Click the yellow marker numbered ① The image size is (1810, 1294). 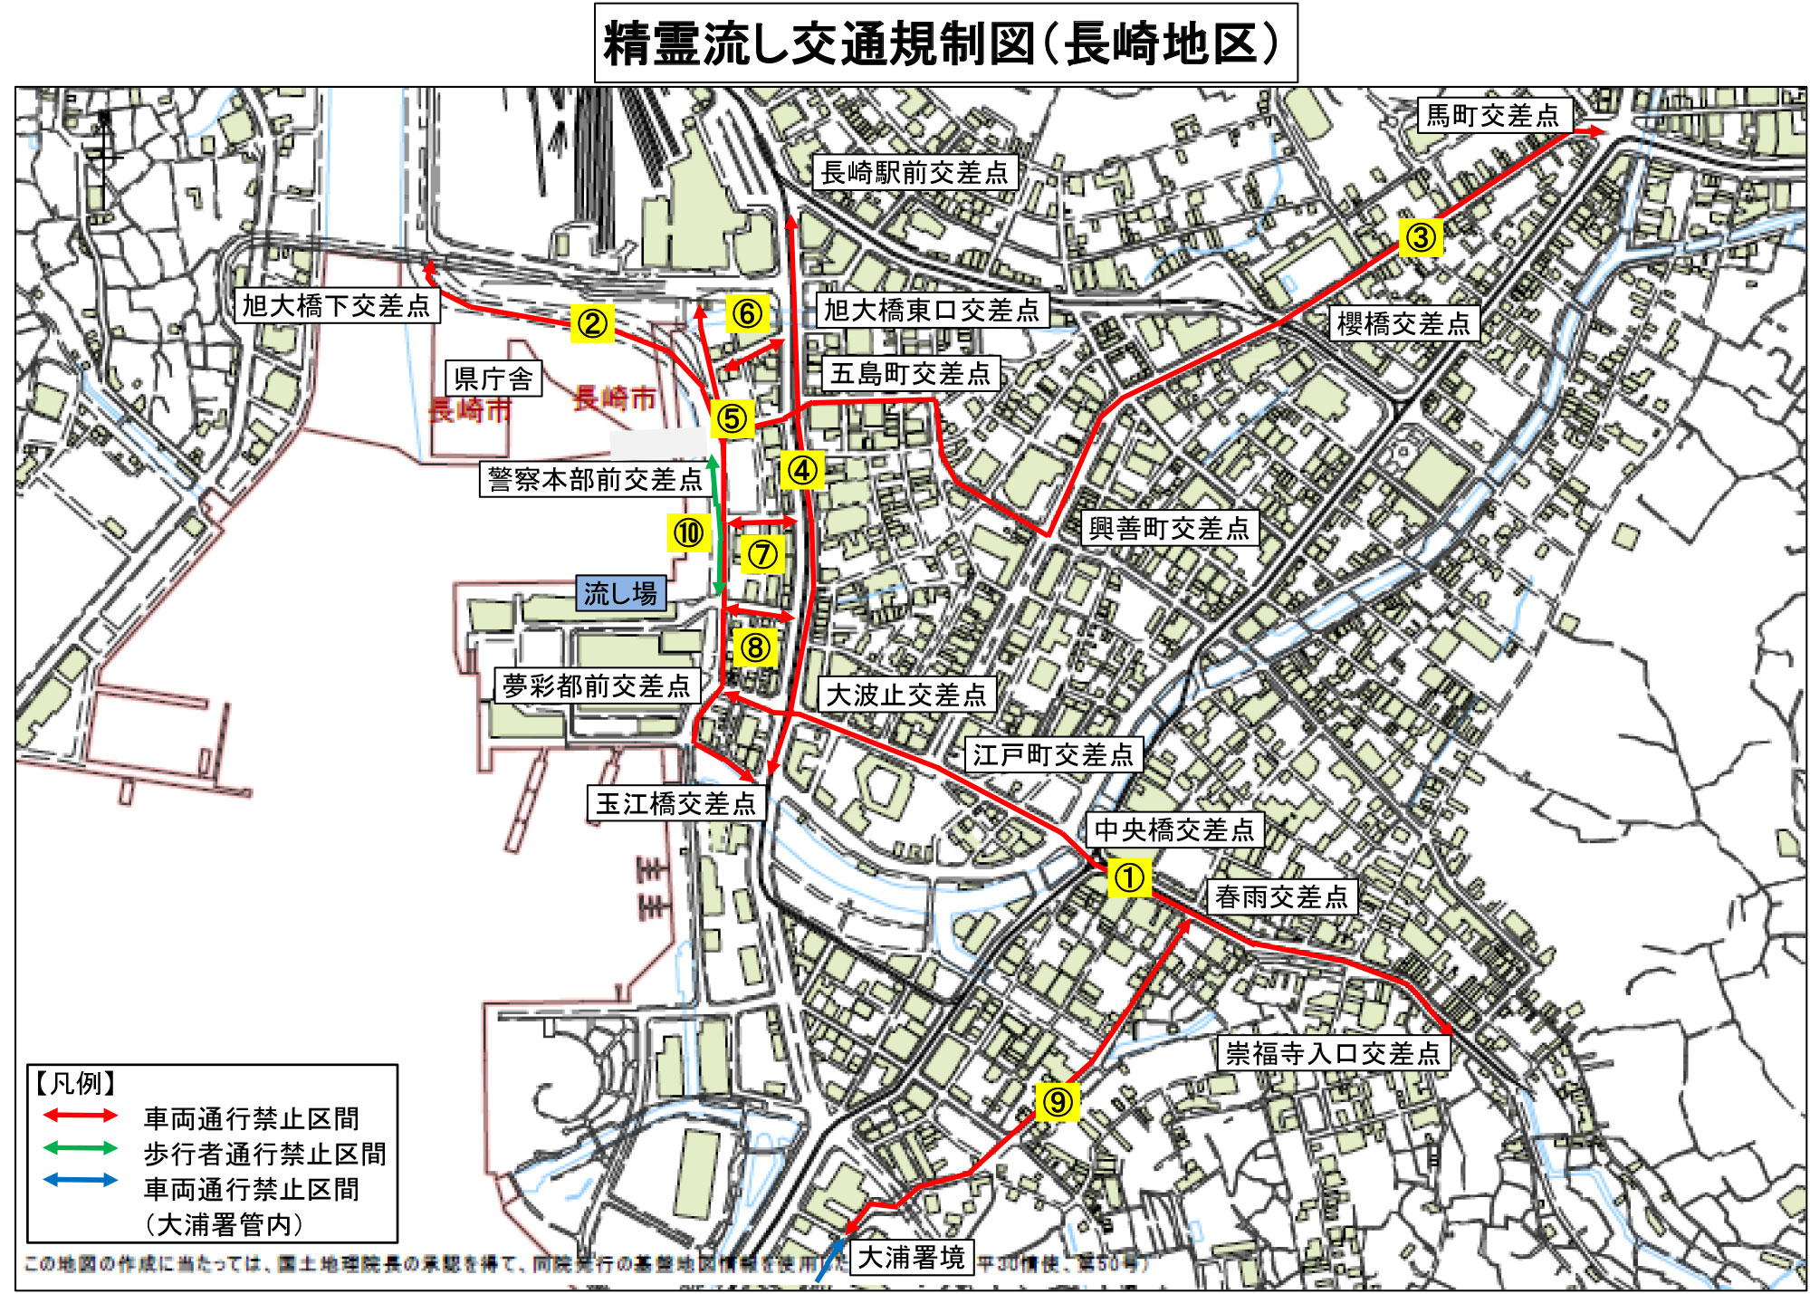point(1128,877)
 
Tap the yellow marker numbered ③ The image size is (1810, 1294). point(1420,237)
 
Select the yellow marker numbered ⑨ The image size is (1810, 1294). point(1057,1101)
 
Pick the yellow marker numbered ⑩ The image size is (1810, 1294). point(689,532)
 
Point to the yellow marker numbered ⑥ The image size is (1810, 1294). point(747,313)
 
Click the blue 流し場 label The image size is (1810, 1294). point(621,593)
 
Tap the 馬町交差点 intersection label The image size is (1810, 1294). point(1493,115)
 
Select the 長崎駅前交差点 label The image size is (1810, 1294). point(915,172)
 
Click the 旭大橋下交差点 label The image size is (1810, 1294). point(337,305)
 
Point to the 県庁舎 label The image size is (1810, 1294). point(493,379)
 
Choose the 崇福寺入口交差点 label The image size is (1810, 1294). point(1332,1052)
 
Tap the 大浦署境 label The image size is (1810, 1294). point(911,1257)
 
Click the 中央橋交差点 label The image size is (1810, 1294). point(1174,829)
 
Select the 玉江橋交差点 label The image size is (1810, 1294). point(675,802)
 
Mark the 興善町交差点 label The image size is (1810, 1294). point(1169,528)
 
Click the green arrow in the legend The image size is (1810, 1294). point(81,1148)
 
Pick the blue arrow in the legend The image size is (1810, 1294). point(81,1180)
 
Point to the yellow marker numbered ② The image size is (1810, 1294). point(592,323)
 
